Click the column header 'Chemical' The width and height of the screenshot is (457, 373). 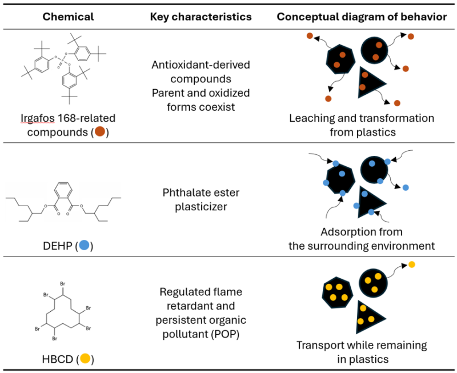click(68, 17)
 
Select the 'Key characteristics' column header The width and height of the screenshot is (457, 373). click(201, 17)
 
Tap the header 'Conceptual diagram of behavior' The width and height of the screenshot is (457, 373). click(362, 17)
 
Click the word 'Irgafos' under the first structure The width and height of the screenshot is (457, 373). click(37, 118)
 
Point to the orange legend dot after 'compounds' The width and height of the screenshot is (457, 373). click(100, 131)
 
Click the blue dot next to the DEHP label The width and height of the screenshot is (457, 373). click(84, 245)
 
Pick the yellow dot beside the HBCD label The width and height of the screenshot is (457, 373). click(85, 358)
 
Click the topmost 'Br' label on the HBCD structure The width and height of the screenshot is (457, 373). click(63, 283)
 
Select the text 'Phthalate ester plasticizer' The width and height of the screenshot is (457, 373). click(201, 199)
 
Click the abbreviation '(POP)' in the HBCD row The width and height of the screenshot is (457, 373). click(225, 334)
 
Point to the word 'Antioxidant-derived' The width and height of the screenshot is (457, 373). click(201, 65)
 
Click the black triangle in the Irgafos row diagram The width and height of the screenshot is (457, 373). click(369, 83)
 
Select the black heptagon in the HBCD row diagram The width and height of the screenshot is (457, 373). click(337, 292)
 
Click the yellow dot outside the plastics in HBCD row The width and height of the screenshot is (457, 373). click(411, 264)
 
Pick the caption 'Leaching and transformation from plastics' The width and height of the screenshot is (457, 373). click(362, 125)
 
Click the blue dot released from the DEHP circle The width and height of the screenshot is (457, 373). click(406, 188)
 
